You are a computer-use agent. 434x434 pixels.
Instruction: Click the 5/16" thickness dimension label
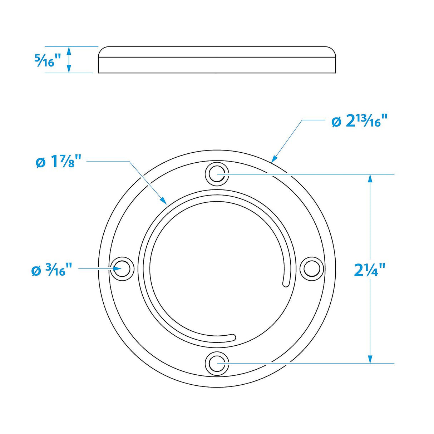(44, 60)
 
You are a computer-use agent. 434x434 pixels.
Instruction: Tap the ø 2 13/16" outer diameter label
(360, 122)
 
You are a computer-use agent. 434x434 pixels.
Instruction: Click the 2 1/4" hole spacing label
(370, 270)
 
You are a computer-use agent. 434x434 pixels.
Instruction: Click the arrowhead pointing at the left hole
(109, 268)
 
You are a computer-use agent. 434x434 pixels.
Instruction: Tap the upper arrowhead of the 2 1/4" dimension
(370, 178)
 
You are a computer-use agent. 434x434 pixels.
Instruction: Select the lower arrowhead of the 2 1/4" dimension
(370, 360)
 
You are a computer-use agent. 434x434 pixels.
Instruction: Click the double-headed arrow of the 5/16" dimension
(69, 60)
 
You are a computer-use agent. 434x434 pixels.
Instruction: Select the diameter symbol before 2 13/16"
(336, 122)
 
